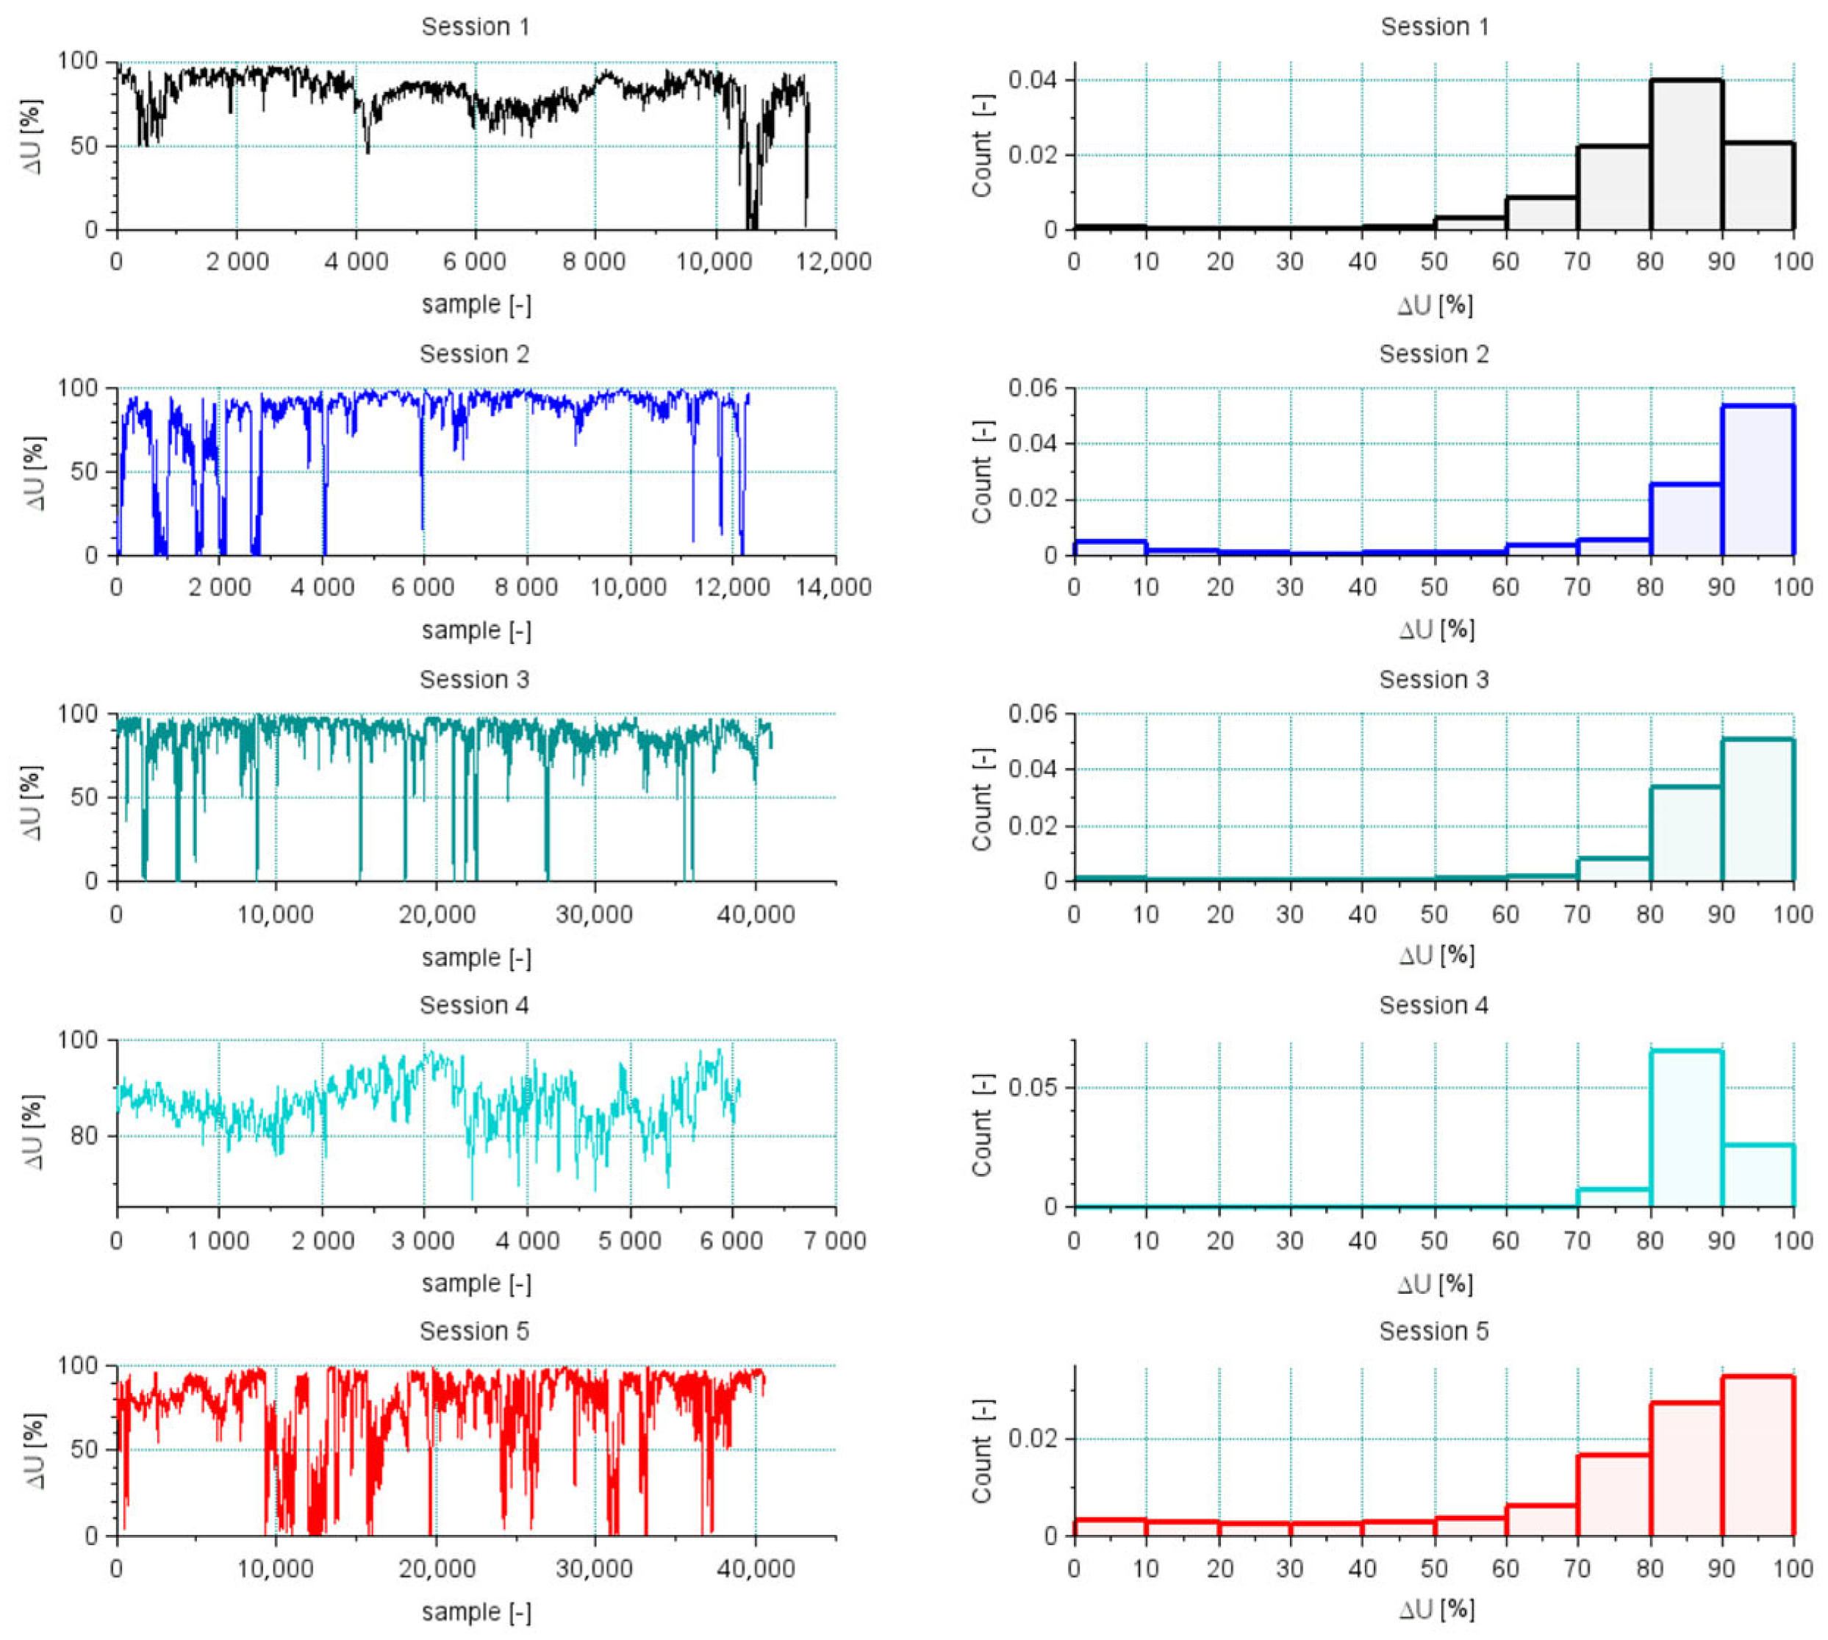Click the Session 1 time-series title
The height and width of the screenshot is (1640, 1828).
(475, 27)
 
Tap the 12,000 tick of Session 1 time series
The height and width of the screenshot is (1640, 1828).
(834, 262)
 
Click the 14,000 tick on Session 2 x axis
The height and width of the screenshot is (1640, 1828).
(834, 587)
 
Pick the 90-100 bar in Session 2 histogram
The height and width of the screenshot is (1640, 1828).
(1757, 480)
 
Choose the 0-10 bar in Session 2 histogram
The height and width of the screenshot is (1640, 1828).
(1109, 548)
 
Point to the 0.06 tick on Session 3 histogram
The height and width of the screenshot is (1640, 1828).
(1034, 715)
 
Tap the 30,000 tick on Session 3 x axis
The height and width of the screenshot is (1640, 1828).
(595, 914)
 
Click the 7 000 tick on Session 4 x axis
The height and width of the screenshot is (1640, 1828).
(834, 1241)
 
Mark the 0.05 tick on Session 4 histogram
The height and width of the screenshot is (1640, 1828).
(1034, 1088)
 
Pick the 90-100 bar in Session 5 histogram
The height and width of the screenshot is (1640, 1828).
(1757, 1455)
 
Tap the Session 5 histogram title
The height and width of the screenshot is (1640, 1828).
(1433, 1331)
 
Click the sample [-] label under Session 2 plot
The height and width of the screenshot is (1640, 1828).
(476, 631)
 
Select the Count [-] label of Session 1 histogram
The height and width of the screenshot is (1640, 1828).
(982, 146)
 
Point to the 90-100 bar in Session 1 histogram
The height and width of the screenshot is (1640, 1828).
(1757, 186)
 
